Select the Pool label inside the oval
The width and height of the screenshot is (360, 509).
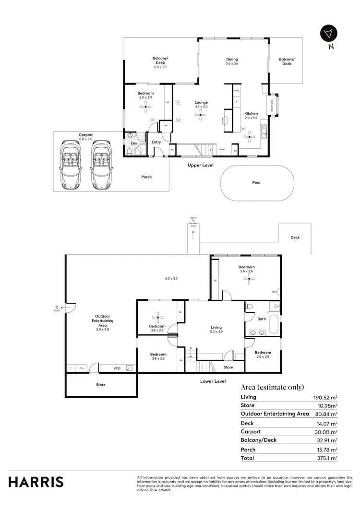point(256,183)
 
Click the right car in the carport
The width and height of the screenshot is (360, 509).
point(101,165)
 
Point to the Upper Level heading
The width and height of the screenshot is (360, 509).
point(200,165)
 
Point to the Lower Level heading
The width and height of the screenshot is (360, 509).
point(213,381)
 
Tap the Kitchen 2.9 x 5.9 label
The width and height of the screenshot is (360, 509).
point(251,116)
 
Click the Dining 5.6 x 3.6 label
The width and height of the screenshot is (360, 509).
point(232,61)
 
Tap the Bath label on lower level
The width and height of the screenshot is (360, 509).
point(262,319)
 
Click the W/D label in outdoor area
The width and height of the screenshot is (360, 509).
point(117,368)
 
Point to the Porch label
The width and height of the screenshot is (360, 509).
point(146,177)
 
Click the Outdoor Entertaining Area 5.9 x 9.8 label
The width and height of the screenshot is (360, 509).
point(102,322)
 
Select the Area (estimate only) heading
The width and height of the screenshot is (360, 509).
point(272,387)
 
